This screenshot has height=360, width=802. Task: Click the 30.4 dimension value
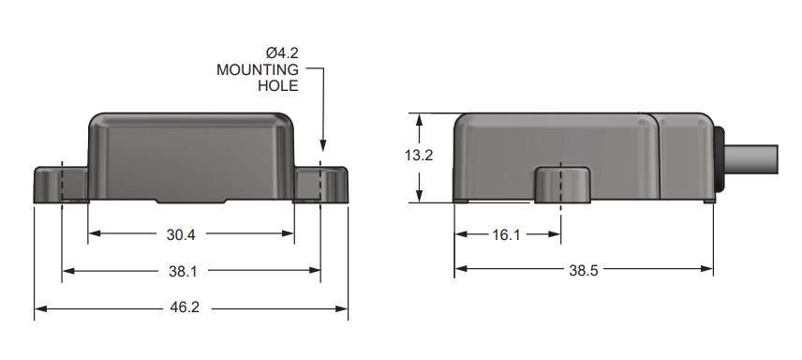tap(181, 234)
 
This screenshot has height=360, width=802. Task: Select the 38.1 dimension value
tap(183, 272)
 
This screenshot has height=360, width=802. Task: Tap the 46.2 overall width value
tap(185, 307)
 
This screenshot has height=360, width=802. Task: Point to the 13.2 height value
tap(419, 156)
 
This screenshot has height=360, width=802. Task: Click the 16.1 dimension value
tap(506, 234)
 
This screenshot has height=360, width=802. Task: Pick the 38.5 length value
tap(583, 270)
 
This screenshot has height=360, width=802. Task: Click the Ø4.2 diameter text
tap(282, 52)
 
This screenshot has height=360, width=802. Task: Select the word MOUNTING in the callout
tap(258, 69)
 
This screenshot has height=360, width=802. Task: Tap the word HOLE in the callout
tap(277, 85)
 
